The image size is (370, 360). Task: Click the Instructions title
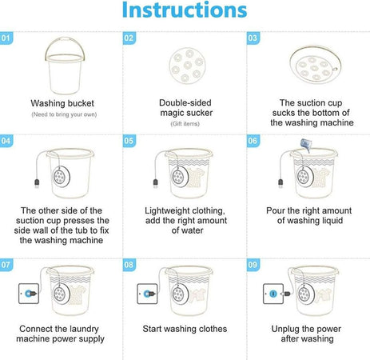click(185, 10)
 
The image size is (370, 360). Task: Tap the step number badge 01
click(6, 38)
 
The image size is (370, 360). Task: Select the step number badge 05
click(129, 141)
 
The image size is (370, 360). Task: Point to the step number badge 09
click(253, 265)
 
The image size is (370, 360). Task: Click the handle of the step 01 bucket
click(65, 39)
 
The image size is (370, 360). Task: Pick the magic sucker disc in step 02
click(187, 66)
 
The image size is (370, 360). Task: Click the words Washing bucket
click(62, 103)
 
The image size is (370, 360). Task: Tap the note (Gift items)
click(185, 124)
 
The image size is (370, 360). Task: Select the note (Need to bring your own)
click(64, 114)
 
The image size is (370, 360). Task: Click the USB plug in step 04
click(37, 183)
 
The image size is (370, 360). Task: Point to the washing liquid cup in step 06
click(304, 145)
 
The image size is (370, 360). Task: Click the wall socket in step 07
click(29, 294)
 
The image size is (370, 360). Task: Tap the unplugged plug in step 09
click(286, 294)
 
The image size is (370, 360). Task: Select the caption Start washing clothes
click(185, 329)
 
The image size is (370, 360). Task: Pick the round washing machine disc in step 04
click(61, 177)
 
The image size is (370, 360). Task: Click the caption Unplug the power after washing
click(306, 334)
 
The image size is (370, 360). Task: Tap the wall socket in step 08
click(147, 294)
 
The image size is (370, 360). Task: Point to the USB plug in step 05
click(155, 183)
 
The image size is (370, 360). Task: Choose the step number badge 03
click(253, 38)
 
